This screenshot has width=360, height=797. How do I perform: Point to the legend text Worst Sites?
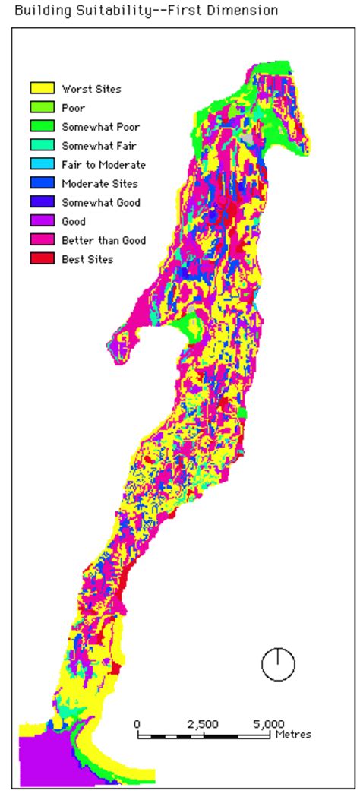pyautogui.click(x=90, y=89)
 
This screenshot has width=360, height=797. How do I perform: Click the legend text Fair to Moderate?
pyautogui.click(x=103, y=165)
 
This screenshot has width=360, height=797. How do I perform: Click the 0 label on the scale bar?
pyautogui.click(x=137, y=723)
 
